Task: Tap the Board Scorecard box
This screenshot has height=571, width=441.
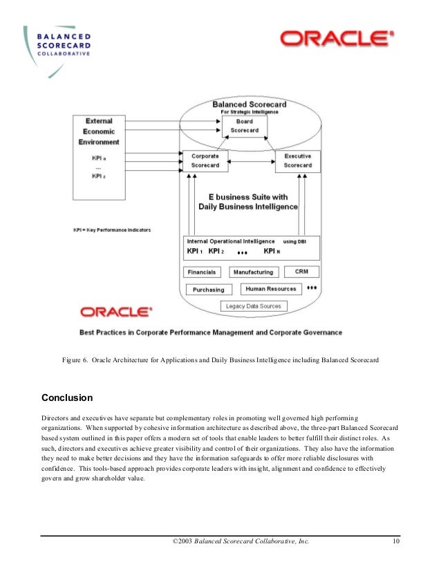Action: pyautogui.click(x=245, y=126)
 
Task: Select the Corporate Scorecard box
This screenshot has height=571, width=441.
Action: pyautogui.click(x=205, y=161)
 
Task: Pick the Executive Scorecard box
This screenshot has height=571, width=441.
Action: pyautogui.click(x=297, y=161)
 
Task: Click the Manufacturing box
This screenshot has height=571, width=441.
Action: pyautogui.click(x=252, y=272)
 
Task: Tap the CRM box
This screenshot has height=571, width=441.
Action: pyautogui.click(x=301, y=272)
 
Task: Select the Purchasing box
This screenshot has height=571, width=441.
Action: pyautogui.click(x=208, y=290)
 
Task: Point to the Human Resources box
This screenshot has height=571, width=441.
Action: pyautogui.click(x=271, y=289)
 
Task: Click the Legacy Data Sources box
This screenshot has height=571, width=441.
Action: pyautogui.click(x=253, y=306)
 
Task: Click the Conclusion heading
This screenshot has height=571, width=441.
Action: pyautogui.click(x=67, y=398)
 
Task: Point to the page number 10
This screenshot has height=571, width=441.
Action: pyautogui.click(x=396, y=541)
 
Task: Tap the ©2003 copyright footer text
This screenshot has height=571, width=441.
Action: pyautogui.click(x=240, y=541)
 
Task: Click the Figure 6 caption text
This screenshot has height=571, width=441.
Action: pyautogui.click(x=220, y=360)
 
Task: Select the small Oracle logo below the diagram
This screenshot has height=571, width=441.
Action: pyautogui.click(x=116, y=312)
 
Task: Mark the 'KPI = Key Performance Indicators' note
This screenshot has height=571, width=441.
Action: pyautogui.click(x=112, y=230)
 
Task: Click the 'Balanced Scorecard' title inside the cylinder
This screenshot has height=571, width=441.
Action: pyautogui.click(x=250, y=104)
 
